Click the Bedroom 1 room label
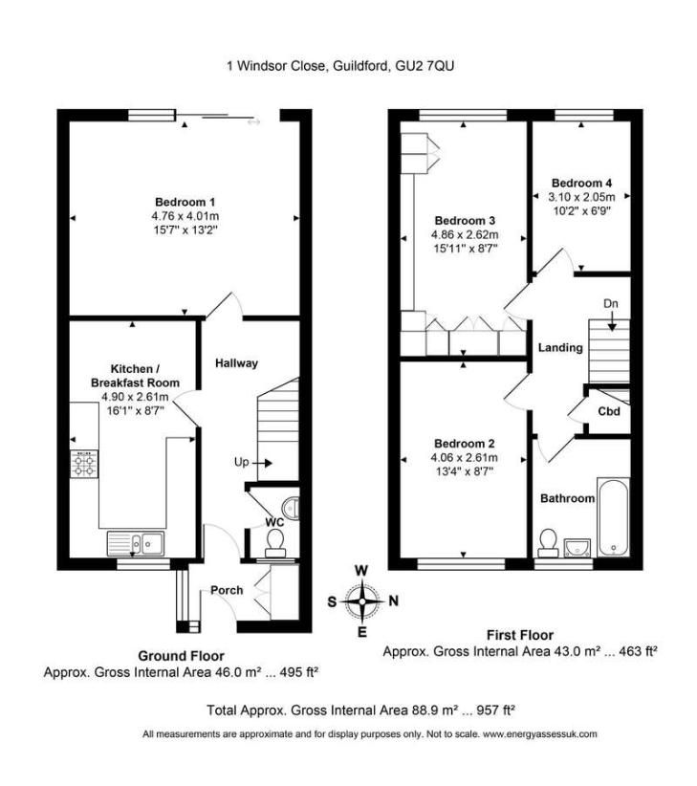click(x=185, y=202)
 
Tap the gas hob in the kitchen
click(x=84, y=464)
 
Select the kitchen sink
click(x=136, y=543)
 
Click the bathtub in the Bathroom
click(x=613, y=517)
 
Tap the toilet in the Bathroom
click(x=548, y=543)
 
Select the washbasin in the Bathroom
click(x=577, y=547)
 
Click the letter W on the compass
click(x=361, y=571)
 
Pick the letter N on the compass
click(x=393, y=600)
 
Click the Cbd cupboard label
click(x=609, y=411)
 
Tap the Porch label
click(x=227, y=591)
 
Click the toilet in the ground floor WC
click(x=274, y=544)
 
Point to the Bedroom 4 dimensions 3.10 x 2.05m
click(x=581, y=197)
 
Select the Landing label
click(x=560, y=348)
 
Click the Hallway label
click(x=236, y=363)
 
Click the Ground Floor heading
click(x=181, y=656)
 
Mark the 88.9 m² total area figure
click(x=424, y=710)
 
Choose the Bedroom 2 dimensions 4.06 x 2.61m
click(x=464, y=458)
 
